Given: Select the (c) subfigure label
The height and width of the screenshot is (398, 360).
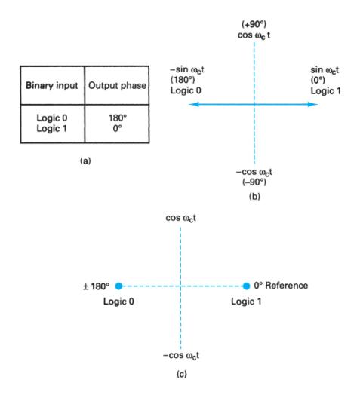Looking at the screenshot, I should (x=181, y=373).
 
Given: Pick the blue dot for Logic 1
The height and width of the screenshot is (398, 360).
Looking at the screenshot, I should (x=246, y=286).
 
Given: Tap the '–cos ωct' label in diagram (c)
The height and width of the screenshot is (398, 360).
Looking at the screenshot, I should (x=181, y=355).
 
